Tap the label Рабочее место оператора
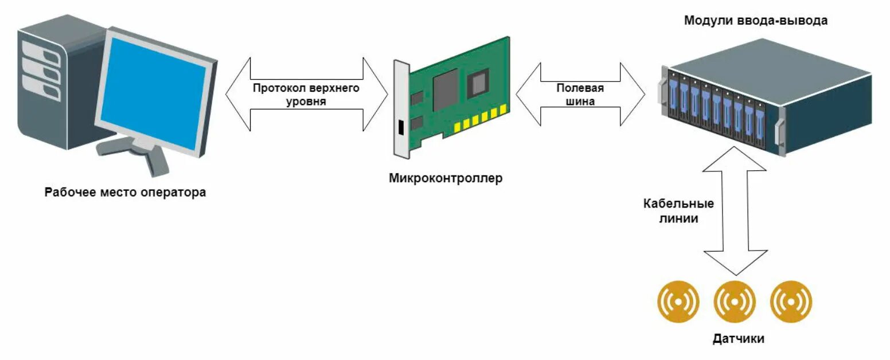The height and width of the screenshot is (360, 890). pos(125,192)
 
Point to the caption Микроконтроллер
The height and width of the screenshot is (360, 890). pos(445,178)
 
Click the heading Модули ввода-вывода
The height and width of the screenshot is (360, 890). pos(756,21)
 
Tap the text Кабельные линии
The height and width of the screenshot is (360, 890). pos(678,211)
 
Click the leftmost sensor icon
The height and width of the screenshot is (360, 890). pos(678,301)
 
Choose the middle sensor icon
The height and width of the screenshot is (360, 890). pos(735,301)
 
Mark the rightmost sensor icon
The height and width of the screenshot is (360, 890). pos(791,301)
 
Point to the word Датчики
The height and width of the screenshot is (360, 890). pos(738,339)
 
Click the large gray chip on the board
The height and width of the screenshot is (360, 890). pos(445,90)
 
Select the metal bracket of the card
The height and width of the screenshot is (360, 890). pos(401,109)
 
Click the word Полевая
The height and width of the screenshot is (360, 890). pos(580,88)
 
